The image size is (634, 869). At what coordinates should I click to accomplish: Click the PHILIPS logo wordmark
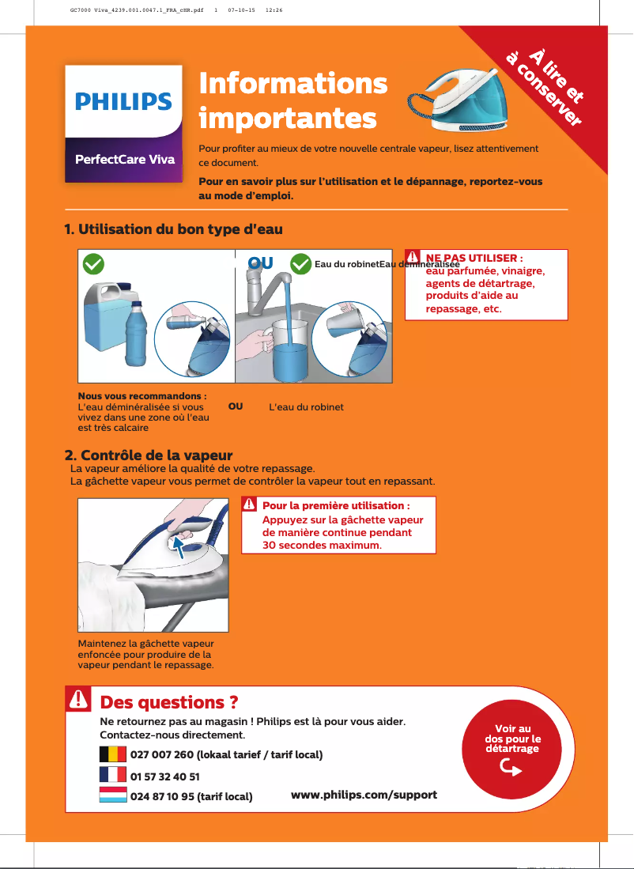(123, 102)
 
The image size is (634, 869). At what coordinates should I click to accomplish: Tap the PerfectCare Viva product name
(124, 159)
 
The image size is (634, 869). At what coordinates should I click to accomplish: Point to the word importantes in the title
(288, 118)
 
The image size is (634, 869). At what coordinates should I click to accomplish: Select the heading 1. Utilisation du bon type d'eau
(173, 229)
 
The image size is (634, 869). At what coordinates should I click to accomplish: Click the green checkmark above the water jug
(94, 263)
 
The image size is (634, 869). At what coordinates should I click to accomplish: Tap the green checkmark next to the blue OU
(300, 263)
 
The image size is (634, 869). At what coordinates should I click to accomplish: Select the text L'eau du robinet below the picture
(307, 407)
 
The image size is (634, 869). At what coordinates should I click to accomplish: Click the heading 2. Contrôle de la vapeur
(148, 456)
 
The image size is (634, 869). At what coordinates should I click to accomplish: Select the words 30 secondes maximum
(322, 546)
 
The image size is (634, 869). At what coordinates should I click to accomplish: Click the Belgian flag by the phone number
(113, 754)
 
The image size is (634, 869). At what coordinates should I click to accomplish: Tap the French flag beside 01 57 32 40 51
(113, 775)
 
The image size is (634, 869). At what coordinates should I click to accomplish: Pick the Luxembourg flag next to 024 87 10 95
(113, 795)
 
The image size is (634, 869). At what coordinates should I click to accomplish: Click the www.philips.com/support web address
(364, 794)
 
